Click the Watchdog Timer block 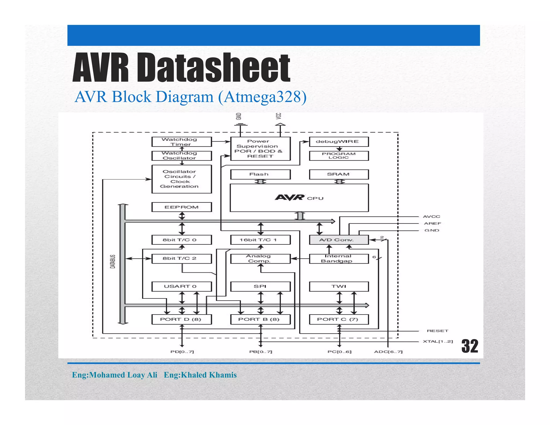tap(182, 142)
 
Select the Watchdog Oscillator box tap(182, 156)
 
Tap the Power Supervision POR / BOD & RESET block tap(260, 149)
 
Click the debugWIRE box tap(339, 142)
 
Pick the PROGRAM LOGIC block tap(339, 156)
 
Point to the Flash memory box tap(260, 174)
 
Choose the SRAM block tap(339, 174)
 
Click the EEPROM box tap(182, 207)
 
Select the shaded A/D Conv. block tap(339, 240)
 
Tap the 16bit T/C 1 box tap(260, 240)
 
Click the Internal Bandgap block tap(339, 258)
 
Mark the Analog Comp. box tap(260, 258)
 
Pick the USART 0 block tap(182, 286)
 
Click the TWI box tap(339, 286)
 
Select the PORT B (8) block tap(260, 319)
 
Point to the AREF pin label tap(432, 224)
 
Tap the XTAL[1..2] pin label tap(438, 341)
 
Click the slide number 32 tap(470, 346)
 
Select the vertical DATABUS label tap(113, 261)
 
